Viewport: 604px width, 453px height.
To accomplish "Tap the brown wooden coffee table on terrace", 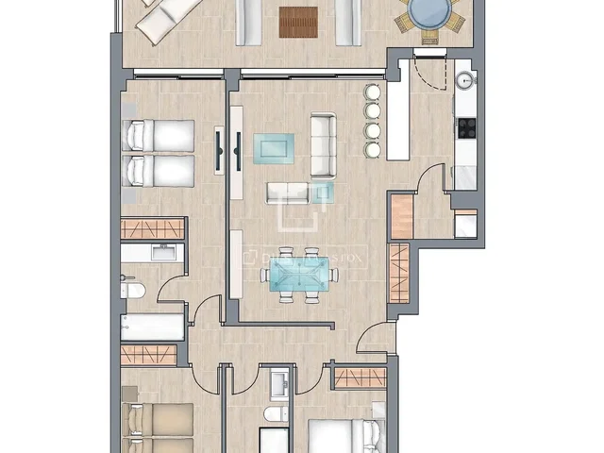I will point(298,21).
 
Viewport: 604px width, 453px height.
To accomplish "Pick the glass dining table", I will point(299,275).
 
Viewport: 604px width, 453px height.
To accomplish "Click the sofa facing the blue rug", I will point(324,147).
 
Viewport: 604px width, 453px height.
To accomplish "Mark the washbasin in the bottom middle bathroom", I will point(277,383).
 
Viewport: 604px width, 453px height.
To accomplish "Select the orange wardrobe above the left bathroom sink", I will point(151,228).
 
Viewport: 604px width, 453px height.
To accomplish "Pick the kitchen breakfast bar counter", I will point(397,119).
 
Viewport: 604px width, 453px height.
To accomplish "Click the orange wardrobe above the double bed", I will point(360,377).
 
